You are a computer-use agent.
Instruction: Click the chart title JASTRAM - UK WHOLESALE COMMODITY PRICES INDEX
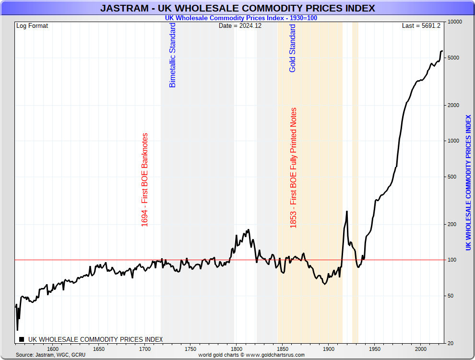(237, 8)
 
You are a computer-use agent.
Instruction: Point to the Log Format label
(32, 26)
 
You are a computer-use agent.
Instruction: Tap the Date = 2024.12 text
(240, 26)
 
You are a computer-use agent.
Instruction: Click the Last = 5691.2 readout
(421, 26)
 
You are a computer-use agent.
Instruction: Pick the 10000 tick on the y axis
(454, 22)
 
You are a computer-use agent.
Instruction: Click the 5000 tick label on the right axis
(452, 58)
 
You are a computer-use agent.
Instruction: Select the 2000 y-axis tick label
(452, 105)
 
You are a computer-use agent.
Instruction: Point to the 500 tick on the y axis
(451, 177)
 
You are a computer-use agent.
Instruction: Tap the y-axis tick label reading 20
(450, 343)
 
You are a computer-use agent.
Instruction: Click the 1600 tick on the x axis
(53, 349)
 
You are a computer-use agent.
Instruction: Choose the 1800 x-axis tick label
(237, 349)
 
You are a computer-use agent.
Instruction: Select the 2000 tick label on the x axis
(420, 349)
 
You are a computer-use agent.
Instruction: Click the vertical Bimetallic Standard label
(173, 55)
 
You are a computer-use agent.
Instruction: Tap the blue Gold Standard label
(293, 48)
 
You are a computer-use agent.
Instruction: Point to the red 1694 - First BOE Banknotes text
(145, 180)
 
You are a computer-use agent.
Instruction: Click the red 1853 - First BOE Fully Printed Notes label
(294, 168)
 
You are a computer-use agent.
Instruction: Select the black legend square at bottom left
(22, 339)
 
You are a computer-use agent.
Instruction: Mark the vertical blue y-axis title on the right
(468, 182)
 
